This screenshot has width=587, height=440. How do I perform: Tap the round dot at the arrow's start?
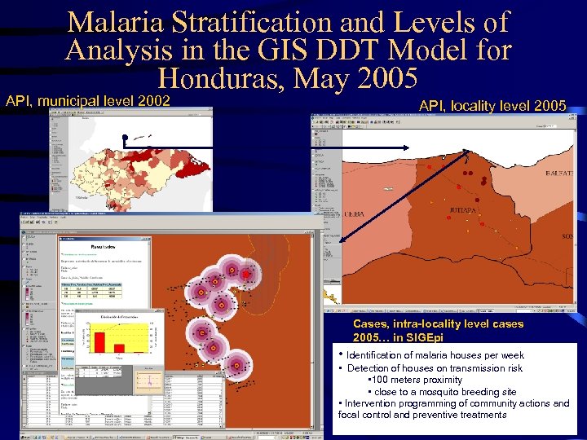point(126,136)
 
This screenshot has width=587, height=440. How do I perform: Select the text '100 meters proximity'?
point(417,380)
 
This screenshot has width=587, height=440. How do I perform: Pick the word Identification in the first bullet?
point(379,355)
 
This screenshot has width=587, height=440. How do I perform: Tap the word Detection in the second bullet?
point(369,368)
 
